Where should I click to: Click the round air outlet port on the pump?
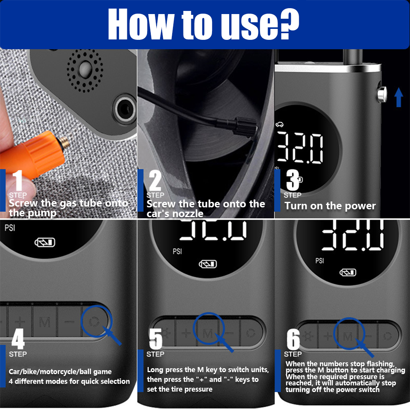tap(125, 109)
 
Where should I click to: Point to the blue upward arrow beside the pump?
tap(399, 97)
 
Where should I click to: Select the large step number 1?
tap(18, 180)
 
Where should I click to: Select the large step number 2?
tap(155, 180)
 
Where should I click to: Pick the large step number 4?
tap(18, 339)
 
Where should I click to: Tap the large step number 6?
tap(293, 339)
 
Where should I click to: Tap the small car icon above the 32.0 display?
tap(279, 125)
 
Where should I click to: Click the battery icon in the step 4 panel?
tap(45, 242)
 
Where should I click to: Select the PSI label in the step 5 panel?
tap(177, 251)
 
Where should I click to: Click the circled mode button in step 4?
tap(94, 322)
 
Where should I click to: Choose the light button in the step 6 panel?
tap(308, 336)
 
